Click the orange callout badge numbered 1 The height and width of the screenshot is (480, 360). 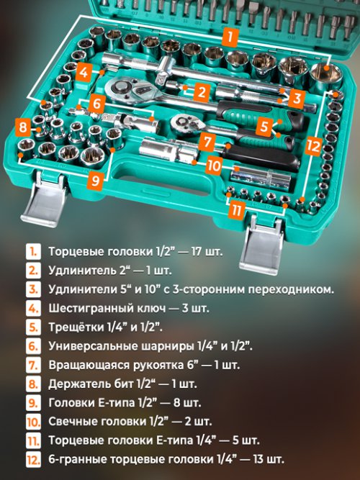pos(230,37)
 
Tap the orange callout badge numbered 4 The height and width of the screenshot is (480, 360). pos(84,72)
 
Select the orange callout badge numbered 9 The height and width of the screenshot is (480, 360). pos(95,181)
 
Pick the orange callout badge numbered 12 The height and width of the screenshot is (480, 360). pos(312,146)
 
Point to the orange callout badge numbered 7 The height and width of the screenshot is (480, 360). pos(207,142)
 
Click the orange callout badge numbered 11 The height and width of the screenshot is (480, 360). pos(236,211)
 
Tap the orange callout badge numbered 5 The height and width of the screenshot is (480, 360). pos(264,125)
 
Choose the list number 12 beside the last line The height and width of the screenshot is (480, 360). pos(33,459)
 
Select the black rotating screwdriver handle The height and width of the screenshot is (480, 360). pos(261,156)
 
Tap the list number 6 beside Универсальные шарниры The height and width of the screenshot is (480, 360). pos(33,346)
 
